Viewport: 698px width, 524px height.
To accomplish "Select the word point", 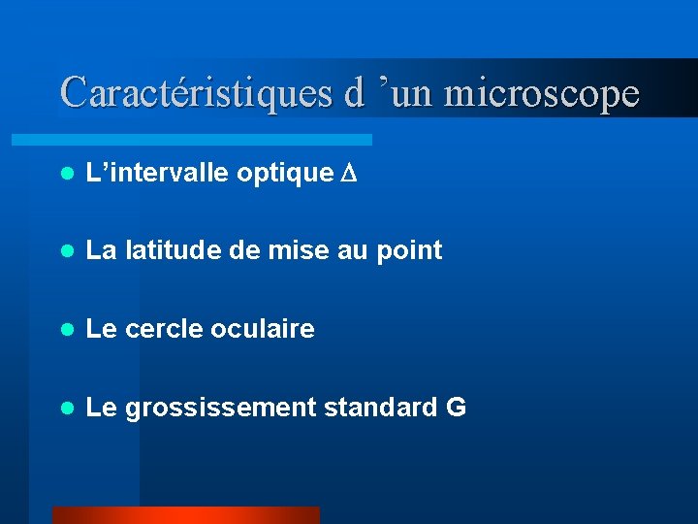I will [411, 251].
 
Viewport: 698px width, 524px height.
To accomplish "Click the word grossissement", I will [220, 409].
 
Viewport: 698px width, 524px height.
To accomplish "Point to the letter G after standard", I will [456, 408].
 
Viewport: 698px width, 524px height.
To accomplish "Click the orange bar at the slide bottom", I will [185, 515].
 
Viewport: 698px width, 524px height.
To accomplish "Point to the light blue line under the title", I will [213, 140].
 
